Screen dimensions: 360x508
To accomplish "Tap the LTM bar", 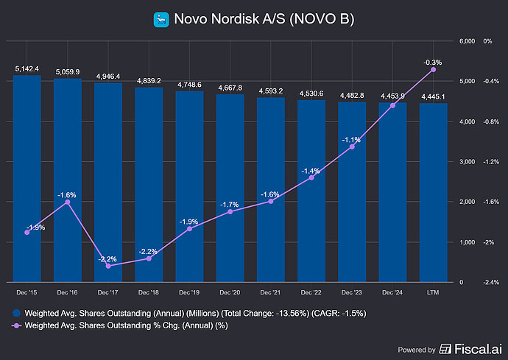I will (433, 192).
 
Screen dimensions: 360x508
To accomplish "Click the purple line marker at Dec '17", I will (108, 266).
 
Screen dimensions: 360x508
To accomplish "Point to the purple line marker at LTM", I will (433, 69).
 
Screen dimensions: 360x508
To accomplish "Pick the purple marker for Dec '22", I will (311, 177).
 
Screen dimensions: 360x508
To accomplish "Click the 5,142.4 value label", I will (27, 68).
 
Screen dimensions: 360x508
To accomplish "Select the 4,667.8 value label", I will (230, 88).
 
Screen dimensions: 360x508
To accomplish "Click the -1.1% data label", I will (352, 140).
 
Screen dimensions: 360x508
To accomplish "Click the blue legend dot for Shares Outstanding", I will (17, 313).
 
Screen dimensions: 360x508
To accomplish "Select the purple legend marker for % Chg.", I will (17, 326).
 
